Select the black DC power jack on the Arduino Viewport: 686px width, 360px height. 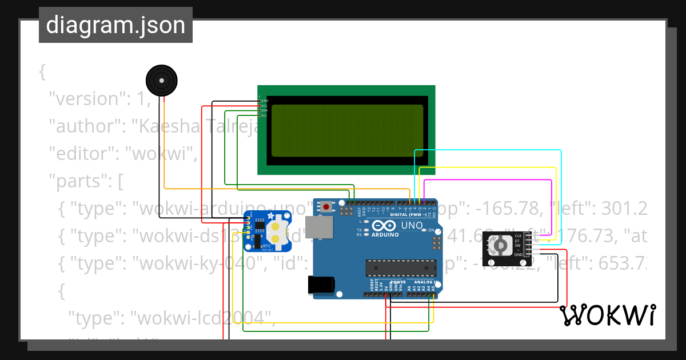(320, 285)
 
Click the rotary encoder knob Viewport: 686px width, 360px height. (500, 246)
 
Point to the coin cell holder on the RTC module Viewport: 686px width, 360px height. (275, 233)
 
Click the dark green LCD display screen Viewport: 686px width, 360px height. (347, 130)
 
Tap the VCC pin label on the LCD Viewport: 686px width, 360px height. (264, 106)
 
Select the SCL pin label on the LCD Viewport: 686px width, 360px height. (264, 116)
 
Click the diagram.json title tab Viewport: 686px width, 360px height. (115, 25)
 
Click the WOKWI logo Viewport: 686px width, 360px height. (608, 315)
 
